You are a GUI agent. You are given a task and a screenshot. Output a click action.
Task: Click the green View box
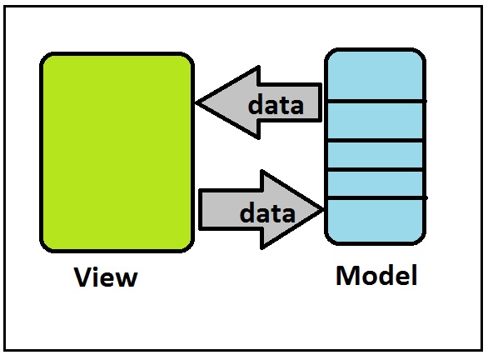[117, 152]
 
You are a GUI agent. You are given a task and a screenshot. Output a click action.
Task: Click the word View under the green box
[106, 277]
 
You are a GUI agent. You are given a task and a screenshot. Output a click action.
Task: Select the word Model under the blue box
[376, 275]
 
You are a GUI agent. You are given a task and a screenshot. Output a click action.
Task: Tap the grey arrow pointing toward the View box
[258, 102]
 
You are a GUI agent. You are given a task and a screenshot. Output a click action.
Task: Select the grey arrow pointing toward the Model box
[261, 210]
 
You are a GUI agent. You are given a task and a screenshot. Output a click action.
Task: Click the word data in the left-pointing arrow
[276, 104]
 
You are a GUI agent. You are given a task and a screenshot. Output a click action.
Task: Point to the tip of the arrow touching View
[196, 102]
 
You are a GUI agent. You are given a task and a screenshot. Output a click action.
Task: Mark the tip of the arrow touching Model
[324, 210]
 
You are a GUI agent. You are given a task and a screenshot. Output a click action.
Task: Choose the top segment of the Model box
[376, 75]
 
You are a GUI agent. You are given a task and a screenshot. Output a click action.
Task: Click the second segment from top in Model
[376, 121]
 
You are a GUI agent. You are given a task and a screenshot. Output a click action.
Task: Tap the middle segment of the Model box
[376, 155]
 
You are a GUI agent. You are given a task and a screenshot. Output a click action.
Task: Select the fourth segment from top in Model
[376, 183]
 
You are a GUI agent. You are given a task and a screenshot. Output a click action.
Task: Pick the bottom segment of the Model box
[376, 221]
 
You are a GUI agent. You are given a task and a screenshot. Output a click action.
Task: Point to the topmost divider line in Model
[376, 102]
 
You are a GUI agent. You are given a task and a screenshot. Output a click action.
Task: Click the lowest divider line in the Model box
[376, 198]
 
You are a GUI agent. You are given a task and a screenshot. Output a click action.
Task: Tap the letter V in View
[82, 277]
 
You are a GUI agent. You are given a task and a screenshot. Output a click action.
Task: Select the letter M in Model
[347, 275]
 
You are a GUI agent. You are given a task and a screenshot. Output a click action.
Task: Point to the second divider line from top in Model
[376, 141]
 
